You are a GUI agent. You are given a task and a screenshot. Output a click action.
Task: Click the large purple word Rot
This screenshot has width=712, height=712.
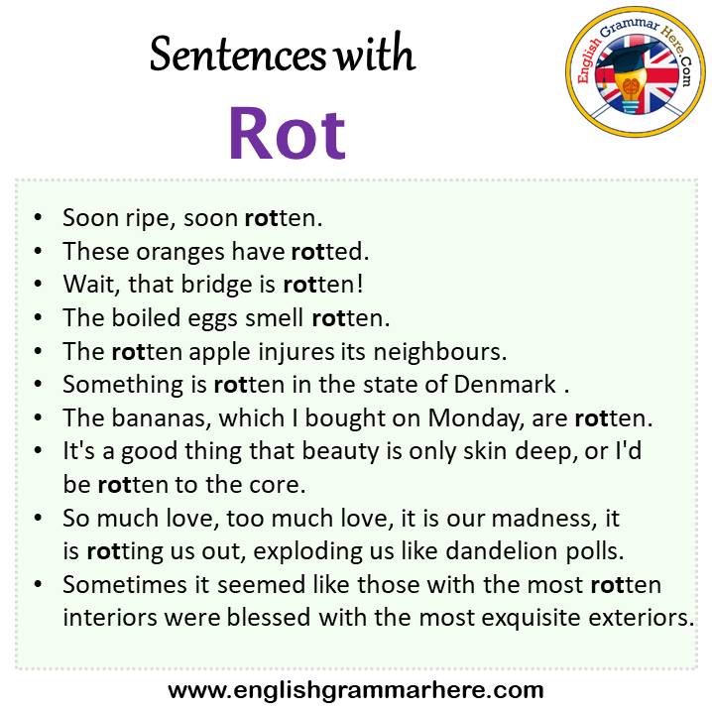coord(287,133)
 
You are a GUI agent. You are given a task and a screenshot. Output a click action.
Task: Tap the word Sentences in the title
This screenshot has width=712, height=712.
coord(237,55)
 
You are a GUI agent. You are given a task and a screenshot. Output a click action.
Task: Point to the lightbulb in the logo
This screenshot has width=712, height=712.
coord(631,91)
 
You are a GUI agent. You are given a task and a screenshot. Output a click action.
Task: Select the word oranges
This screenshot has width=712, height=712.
coord(180,252)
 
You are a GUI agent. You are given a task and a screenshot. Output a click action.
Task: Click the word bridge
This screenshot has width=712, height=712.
coord(216,285)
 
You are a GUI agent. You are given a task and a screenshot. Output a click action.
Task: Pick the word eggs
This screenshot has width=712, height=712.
coord(212,318)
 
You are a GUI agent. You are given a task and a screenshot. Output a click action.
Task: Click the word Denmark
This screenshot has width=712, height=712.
coord(505,384)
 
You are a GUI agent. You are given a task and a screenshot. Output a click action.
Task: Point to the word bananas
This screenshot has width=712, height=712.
coord(162,418)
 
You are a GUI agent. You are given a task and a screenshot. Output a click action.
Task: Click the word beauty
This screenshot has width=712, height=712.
coord(340,452)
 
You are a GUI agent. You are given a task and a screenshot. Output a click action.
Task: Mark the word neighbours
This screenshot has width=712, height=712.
coord(440,352)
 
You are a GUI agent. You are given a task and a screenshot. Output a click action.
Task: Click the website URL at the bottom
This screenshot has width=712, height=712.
coord(356,690)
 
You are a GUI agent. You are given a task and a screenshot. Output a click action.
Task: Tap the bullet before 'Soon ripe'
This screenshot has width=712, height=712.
coord(38,217)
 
